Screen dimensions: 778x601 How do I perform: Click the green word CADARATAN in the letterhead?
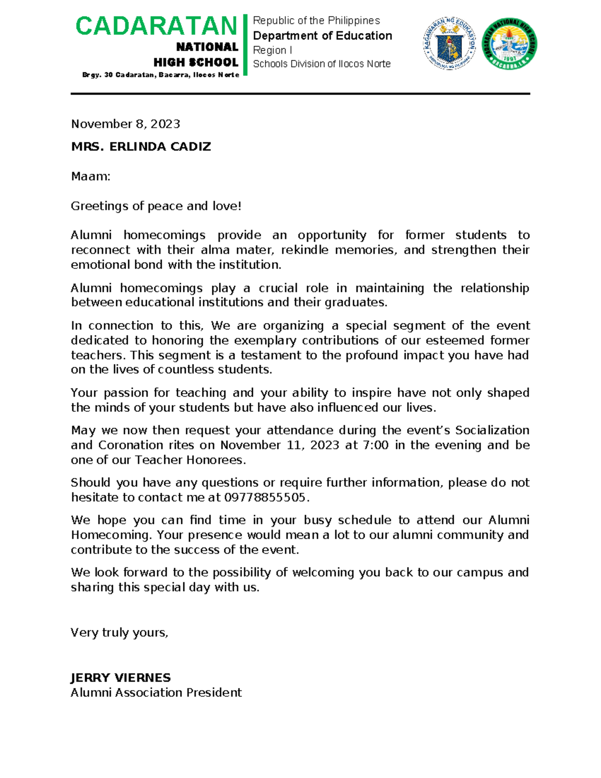(156, 27)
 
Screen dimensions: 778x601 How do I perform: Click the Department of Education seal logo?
(449, 44)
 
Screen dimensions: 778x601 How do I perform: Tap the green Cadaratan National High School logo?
(509, 44)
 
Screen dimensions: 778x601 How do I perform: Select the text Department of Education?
(322, 36)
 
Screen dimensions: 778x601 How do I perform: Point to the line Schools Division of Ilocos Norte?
(322, 64)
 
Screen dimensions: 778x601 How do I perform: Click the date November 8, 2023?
(125, 124)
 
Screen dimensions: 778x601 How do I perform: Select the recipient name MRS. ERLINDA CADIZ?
(141, 147)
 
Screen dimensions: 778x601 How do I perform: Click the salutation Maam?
(90, 176)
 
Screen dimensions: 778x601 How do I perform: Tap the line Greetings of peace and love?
(156, 206)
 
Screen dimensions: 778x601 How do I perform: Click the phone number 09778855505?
(264, 497)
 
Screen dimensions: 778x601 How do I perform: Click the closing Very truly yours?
(119, 633)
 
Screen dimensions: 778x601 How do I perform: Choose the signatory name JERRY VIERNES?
(120, 678)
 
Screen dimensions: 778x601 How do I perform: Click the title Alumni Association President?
(156, 692)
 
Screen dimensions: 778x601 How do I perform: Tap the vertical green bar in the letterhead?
(245, 45)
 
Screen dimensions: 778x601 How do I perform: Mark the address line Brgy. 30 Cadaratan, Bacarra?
(160, 75)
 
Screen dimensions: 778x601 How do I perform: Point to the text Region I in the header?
(272, 50)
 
